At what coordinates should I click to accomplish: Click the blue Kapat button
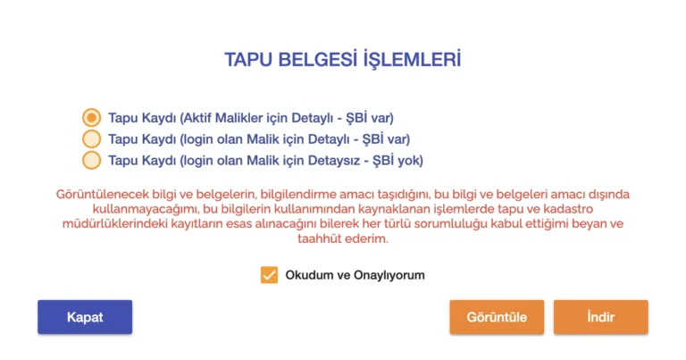(x=85, y=317)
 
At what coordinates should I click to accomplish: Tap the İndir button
(x=600, y=317)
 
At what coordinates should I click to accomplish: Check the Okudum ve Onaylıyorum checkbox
(x=269, y=275)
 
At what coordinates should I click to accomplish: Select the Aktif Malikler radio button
(x=91, y=118)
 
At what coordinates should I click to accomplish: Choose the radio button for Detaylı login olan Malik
(x=91, y=139)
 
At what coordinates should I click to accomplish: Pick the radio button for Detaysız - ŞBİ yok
(x=91, y=160)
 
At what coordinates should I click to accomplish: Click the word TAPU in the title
(x=248, y=60)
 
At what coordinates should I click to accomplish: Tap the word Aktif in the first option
(x=197, y=118)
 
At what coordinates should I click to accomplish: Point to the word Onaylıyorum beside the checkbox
(x=389, y=275)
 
